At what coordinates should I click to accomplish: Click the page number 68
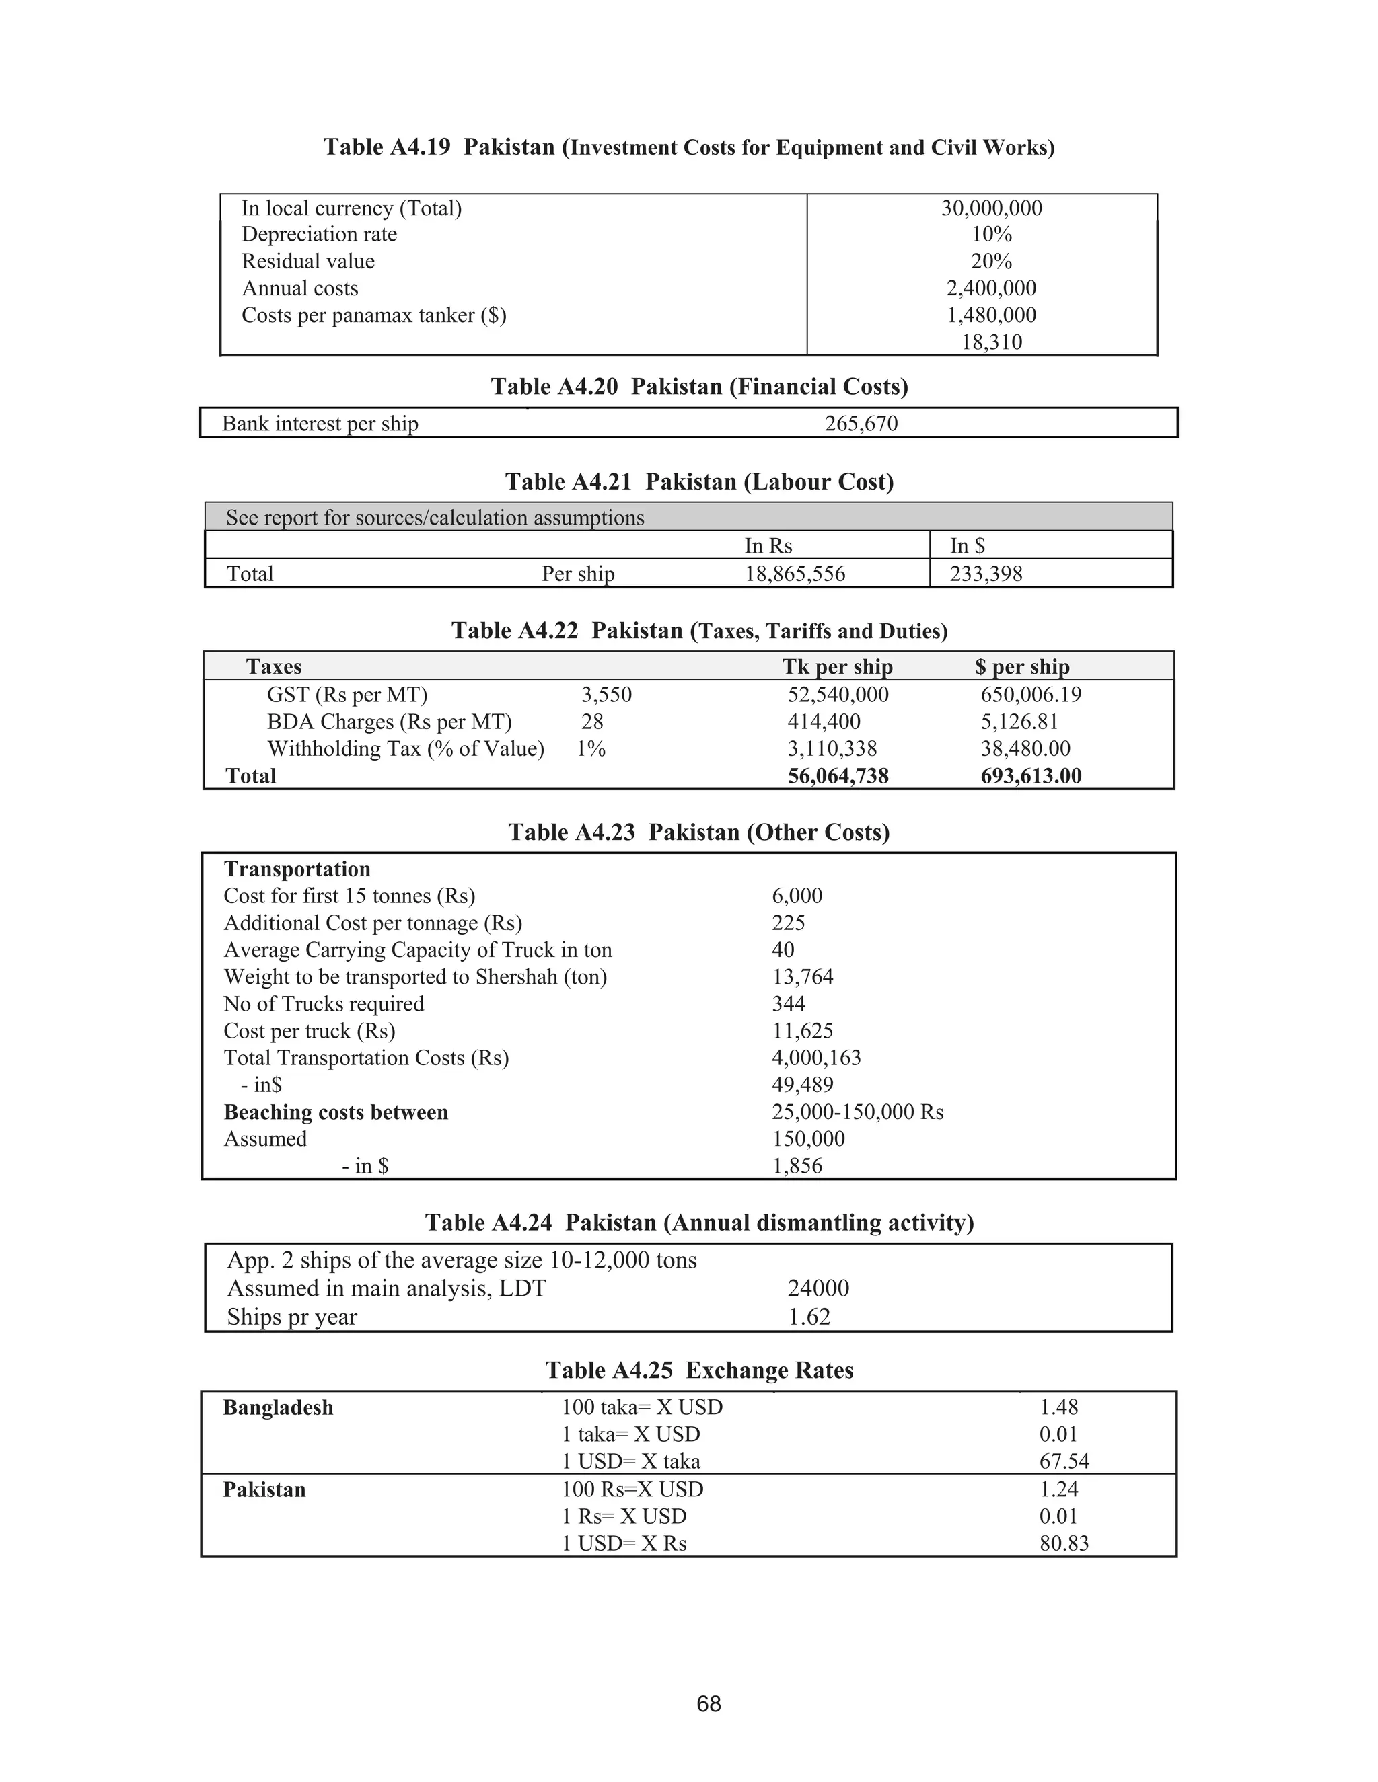(709, 1705)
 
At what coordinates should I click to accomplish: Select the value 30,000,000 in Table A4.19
(991, 208)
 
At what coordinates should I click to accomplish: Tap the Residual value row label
(307, 262)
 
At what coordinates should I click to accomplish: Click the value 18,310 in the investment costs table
(991, 342)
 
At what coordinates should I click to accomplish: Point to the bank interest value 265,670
(861, 424)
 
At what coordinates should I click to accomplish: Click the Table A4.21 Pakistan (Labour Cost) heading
(699, 481)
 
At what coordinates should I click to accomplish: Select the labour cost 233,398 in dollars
(985, 574)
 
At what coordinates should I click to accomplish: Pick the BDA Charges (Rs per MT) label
(389, 722)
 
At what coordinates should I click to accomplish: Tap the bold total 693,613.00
(1030, 776)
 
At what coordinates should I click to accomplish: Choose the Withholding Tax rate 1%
(590, 749)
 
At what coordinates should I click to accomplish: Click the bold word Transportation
(297, 869)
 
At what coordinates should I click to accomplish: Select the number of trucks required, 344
(788, 1003)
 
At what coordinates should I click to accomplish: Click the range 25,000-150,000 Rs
(857, 1112)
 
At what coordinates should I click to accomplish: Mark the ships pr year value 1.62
(808, 1317)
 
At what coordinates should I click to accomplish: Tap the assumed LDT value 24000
(818, 1288)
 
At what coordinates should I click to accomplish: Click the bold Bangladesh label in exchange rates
(279, 1407)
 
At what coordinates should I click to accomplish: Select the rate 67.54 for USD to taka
(1064, 1461)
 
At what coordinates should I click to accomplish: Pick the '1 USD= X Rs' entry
(624, 1544)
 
